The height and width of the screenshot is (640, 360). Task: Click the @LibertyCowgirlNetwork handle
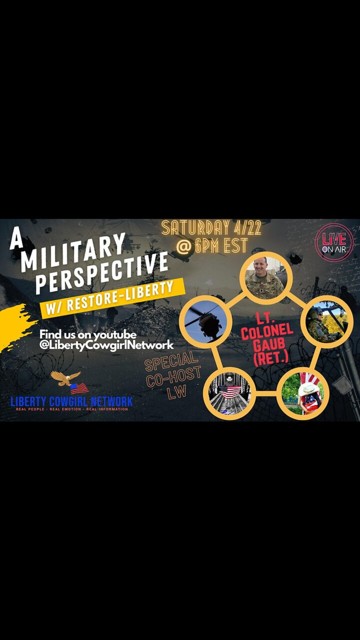[107, 345]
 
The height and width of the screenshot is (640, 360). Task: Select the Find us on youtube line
[88, 335]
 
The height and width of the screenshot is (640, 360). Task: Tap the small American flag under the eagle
[79, 389]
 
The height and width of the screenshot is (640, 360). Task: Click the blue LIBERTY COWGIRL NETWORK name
[71, 401]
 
